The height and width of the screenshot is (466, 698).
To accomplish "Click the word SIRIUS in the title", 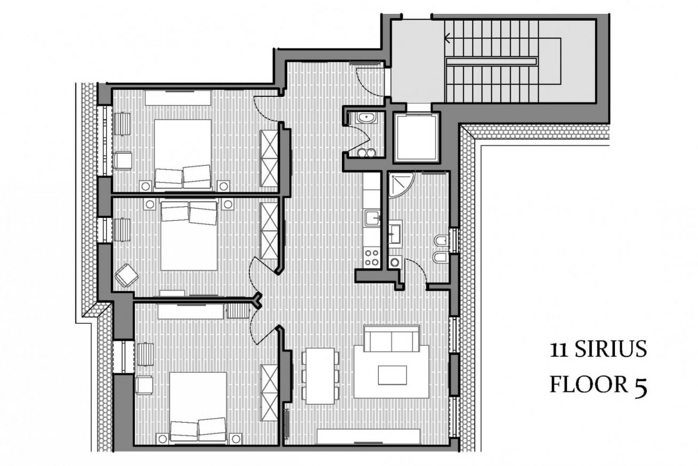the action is [611, 349].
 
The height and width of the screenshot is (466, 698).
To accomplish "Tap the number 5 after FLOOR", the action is [640, 387].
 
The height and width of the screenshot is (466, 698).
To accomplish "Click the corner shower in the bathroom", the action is [401, 185].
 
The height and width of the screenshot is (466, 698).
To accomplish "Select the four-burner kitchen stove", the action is [372, 258].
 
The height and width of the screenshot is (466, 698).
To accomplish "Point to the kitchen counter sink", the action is [372, 218].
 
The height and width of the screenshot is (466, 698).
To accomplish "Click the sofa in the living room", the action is [392, 339].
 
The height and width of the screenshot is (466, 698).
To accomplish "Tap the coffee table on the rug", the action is [392, 375].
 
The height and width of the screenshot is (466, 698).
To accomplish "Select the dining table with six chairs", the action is [320, 376].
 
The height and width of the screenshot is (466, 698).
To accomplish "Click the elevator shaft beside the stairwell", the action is [416, 137].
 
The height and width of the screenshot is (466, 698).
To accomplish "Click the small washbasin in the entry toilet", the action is [367, 118].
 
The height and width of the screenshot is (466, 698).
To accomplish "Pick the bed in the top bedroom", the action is [183, 154].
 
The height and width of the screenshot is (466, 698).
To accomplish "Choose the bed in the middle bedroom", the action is [189, 236].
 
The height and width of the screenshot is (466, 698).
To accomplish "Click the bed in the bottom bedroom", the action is [198, 407].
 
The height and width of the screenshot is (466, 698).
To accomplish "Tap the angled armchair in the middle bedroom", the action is [127, 275].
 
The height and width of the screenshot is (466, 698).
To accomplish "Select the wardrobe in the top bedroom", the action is [269, 158].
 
